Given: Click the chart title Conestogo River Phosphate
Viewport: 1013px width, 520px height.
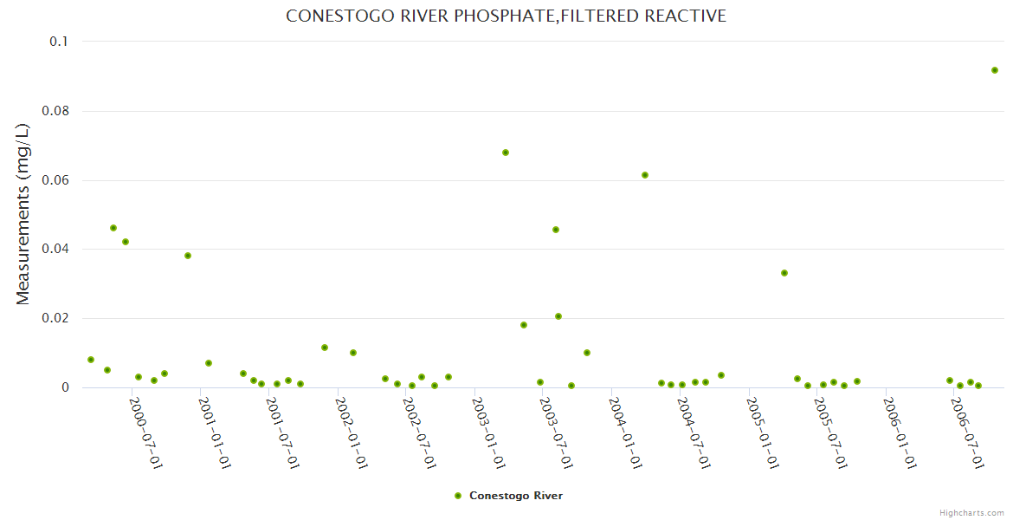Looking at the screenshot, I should point(506,16).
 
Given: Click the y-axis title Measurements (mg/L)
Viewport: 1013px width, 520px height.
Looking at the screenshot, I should point(23,214).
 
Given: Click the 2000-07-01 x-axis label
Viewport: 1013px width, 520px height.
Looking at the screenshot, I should point(146,433).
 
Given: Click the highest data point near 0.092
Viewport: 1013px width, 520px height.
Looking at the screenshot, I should point(995,70).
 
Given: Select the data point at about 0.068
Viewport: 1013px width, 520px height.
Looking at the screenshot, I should point(506,153).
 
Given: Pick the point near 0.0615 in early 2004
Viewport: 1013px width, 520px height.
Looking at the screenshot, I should point(645,175).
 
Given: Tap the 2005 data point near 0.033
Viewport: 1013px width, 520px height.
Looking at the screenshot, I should point(784,273).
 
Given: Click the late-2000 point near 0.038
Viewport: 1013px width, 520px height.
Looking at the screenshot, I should point(188,256).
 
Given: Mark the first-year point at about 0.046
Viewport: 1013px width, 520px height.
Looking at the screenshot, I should point(113,228).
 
